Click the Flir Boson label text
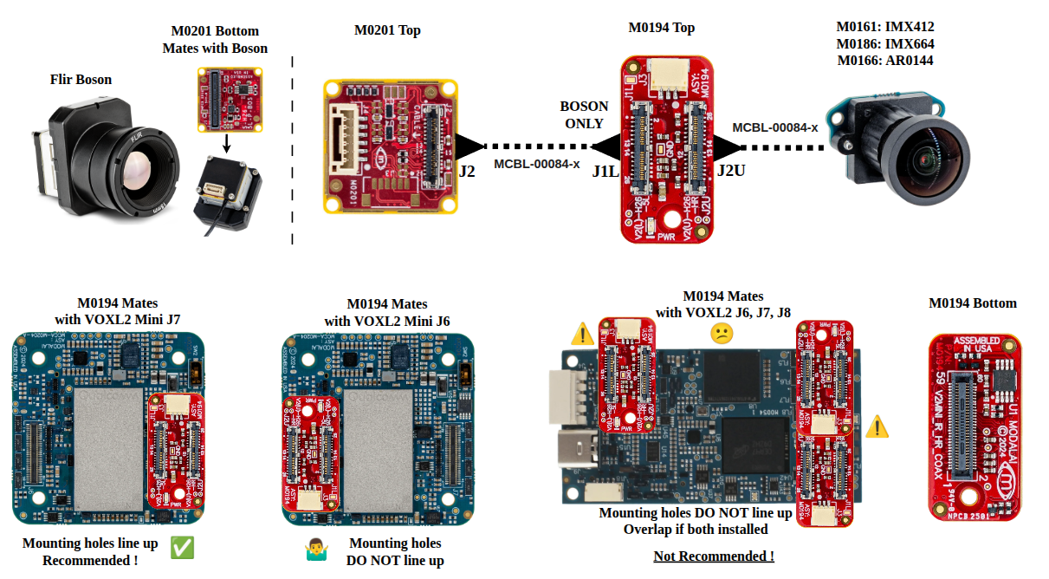tap(81, 80)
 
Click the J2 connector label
tap(466, 171)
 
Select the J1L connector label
tap(605, 171)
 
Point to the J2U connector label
tap(731, 171)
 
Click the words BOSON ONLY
tap(584, 114)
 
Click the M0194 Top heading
tap(661, 28)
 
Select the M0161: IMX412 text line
tap(884, 27)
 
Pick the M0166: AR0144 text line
tap(884, 61)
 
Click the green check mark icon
tap(181, 547)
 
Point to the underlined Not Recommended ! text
tap(713, 556)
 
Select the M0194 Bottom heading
tap(972, 303)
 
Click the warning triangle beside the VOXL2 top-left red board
tap(583, 333)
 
